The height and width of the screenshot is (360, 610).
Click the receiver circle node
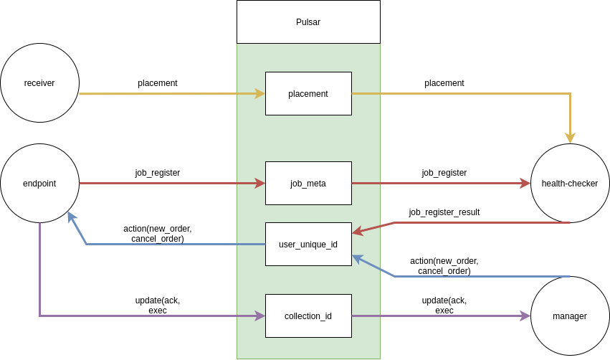click(39, 83)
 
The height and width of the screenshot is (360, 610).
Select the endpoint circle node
click(39, 184)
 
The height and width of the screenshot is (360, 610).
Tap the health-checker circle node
click(570, 184)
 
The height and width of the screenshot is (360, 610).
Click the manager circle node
click(570, 316)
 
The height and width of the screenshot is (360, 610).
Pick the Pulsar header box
click(308, 22)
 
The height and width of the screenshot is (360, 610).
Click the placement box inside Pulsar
click(308, 94)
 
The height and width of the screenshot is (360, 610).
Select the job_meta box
click(308, 184)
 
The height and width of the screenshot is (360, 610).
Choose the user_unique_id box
click(308, 245)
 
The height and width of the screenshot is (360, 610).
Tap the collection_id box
click(308, 316)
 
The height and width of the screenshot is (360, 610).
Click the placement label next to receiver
click(158, 83)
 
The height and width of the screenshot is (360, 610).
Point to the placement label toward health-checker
click(444, 83)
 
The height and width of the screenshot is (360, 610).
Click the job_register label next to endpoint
click(158, 173)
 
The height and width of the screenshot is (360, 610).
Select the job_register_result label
click(444, 212)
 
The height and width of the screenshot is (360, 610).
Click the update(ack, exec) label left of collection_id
click(158, 305)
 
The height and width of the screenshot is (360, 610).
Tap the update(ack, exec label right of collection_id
click(444, 305)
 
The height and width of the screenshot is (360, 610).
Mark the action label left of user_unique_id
click(158, 234)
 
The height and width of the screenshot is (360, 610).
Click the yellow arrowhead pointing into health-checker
click(570, 138)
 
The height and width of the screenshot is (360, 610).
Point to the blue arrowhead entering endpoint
click(71, 217)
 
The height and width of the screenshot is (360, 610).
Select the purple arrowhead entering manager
click(525, 316)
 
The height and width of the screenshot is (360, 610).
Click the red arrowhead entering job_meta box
click(259, 184)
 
